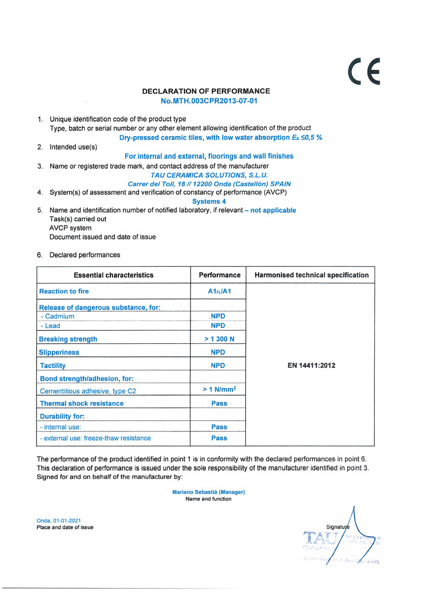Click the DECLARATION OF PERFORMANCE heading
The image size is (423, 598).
(206, 91)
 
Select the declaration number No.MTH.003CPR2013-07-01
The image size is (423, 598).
(209, 101)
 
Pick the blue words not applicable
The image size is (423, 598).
(273, 210)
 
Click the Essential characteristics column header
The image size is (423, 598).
(114, 275)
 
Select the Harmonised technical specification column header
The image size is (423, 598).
(311, 275)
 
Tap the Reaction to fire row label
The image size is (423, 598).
(64, 291)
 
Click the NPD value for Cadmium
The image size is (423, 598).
(218, 316)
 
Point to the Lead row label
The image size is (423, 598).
(53, 326)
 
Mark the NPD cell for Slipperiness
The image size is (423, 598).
(218, 352)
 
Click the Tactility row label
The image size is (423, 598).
(53, 365)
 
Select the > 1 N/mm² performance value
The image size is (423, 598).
(220, 390)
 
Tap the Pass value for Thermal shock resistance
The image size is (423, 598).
(219, 403)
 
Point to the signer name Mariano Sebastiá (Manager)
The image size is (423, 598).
(209, 492)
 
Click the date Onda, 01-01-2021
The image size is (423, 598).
(59, 520)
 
